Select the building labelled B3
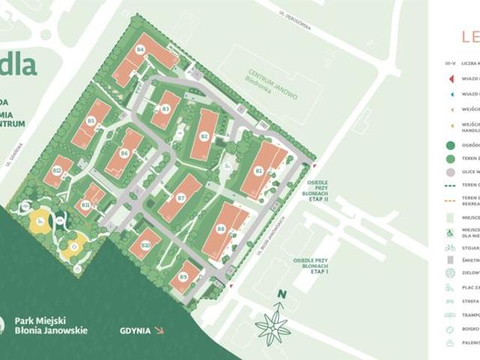166,111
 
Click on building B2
204,136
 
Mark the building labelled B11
88,200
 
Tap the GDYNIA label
135,330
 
